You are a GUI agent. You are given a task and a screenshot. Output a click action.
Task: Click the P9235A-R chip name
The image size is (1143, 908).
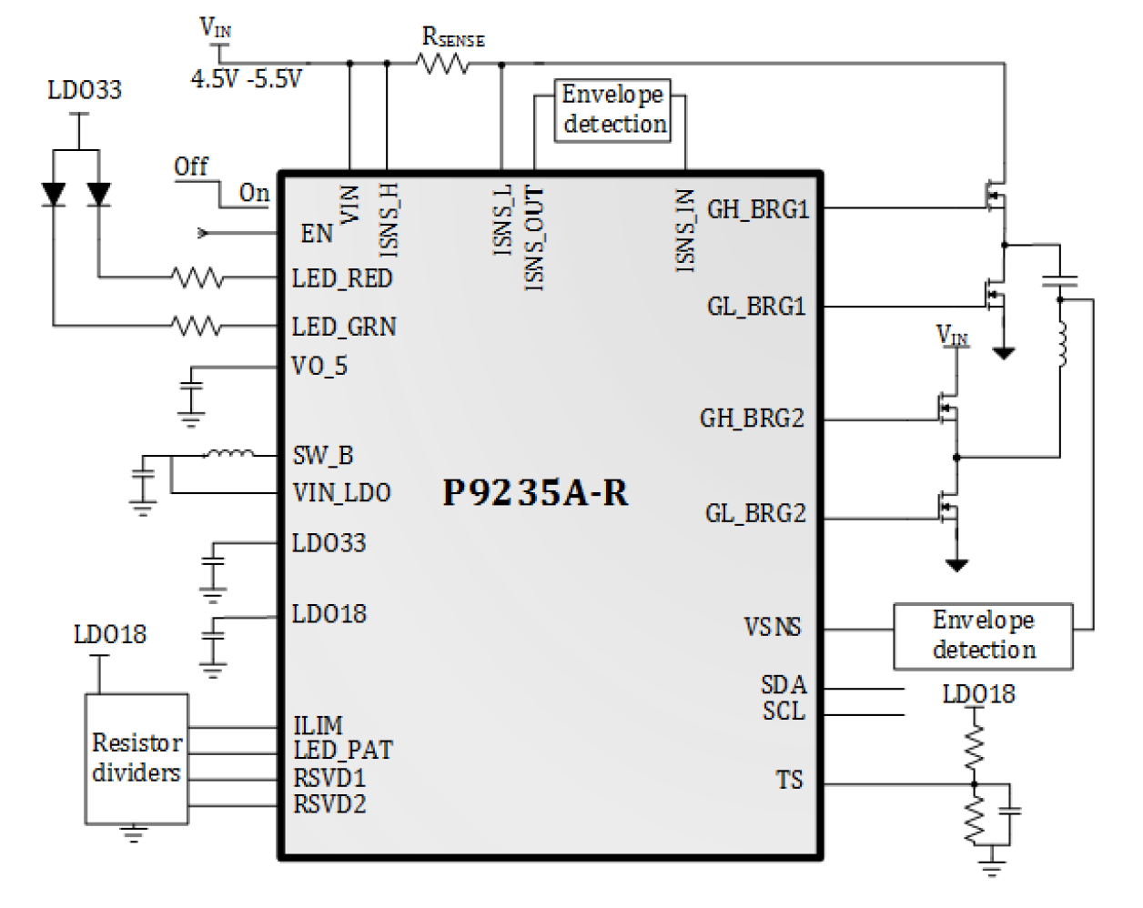[535, 492]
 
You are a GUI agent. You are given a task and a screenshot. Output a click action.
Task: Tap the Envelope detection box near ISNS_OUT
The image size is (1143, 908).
[613, 110]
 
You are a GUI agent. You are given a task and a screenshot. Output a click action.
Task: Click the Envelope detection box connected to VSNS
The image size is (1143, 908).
[983, 636]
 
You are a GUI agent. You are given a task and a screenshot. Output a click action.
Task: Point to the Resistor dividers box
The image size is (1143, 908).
[137, 759]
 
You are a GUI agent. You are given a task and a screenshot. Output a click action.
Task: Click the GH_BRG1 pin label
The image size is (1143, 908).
[758, 209]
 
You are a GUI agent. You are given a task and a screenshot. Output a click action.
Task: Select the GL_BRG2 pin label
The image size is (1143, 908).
[755, 514]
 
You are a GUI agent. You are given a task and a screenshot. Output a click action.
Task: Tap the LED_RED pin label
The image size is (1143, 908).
[342, 278]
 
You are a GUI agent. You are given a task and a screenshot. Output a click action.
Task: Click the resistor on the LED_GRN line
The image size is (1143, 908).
[197, 325]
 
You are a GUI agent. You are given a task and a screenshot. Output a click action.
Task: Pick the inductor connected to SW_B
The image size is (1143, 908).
[228, 453]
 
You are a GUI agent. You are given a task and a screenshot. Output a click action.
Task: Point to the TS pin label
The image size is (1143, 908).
[789, 781]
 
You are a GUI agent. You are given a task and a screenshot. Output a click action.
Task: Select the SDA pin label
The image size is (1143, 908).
[784, 685]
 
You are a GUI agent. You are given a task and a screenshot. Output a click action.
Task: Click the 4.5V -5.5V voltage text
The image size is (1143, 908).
[246, 79]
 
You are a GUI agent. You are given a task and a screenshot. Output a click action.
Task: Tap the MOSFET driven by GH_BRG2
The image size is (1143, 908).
[948, 410]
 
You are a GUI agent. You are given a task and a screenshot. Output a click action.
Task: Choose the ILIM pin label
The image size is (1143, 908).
[318, 726]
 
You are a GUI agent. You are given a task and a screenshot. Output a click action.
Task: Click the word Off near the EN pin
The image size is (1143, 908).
[191, 166]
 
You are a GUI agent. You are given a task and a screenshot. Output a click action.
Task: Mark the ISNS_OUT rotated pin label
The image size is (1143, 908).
[534, 238]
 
